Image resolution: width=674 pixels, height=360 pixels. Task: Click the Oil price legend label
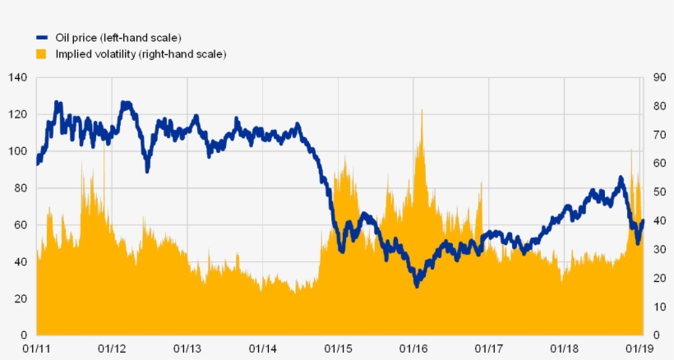(118, 38)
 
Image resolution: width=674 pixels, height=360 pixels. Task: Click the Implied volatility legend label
(141, 53)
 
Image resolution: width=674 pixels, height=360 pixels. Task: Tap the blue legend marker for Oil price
(42, 38)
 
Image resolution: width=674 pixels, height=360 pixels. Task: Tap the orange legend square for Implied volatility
(42, 53)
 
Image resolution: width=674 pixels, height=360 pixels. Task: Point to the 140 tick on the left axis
(18, 77)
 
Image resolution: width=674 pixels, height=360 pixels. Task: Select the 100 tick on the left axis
(18, 151)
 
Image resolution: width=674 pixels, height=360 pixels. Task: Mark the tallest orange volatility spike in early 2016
(422, 110)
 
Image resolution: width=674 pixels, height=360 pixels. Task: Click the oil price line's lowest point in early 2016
(417, 284)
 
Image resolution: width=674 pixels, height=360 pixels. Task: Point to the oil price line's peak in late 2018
(621, 178)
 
